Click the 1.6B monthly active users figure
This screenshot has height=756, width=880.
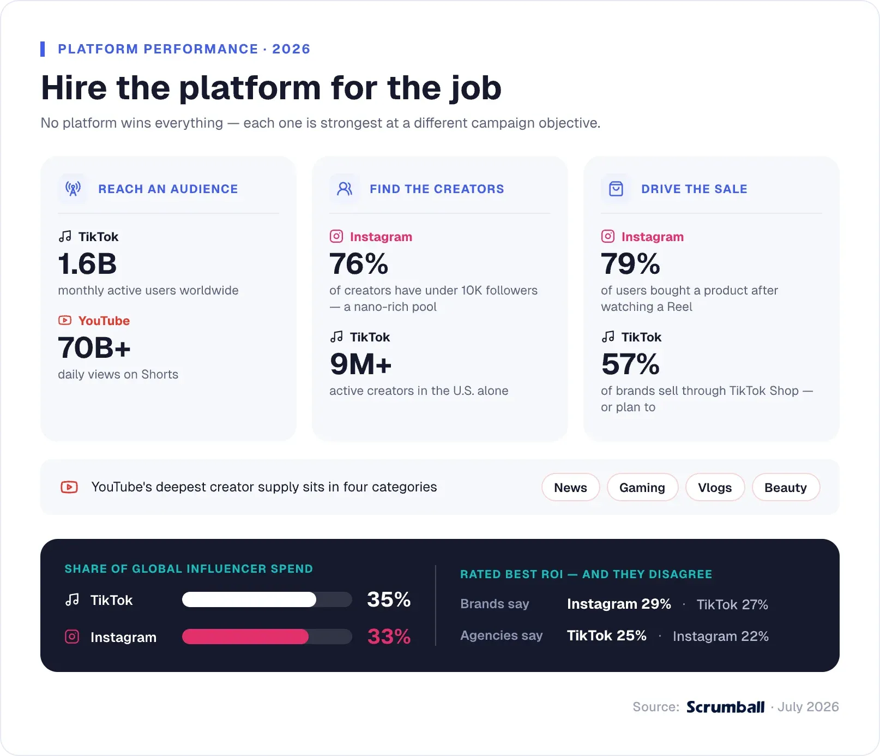tap(87, 264)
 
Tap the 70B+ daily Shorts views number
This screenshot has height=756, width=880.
tap(94, 348)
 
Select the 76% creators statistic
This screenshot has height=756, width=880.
tap(359, 264)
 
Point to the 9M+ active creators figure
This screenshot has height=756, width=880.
tap(360, 364)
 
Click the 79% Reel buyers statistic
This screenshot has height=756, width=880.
tap(630, 264)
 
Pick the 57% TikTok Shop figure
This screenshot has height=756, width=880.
tap(630, 364)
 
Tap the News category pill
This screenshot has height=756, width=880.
tap(571, 487)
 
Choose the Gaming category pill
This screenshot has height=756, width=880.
tap(642, 487)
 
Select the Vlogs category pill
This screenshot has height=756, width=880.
tap(715, 487)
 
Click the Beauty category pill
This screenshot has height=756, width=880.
tap(786, 487)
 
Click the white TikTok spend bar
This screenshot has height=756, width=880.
tap(249, 599)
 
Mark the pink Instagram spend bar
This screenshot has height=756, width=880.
tap(245, 637)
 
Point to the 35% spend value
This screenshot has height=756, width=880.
tap(389, 599)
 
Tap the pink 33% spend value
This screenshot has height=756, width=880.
tap(389, 637)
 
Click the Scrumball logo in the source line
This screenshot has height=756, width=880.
tap(725, 707)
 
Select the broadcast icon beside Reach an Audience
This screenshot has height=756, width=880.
tap(73, 189)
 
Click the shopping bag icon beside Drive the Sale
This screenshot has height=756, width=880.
tap(616, 189)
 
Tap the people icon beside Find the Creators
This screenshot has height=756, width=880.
tap(345, 189)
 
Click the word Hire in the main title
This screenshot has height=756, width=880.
tap(74, 88)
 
